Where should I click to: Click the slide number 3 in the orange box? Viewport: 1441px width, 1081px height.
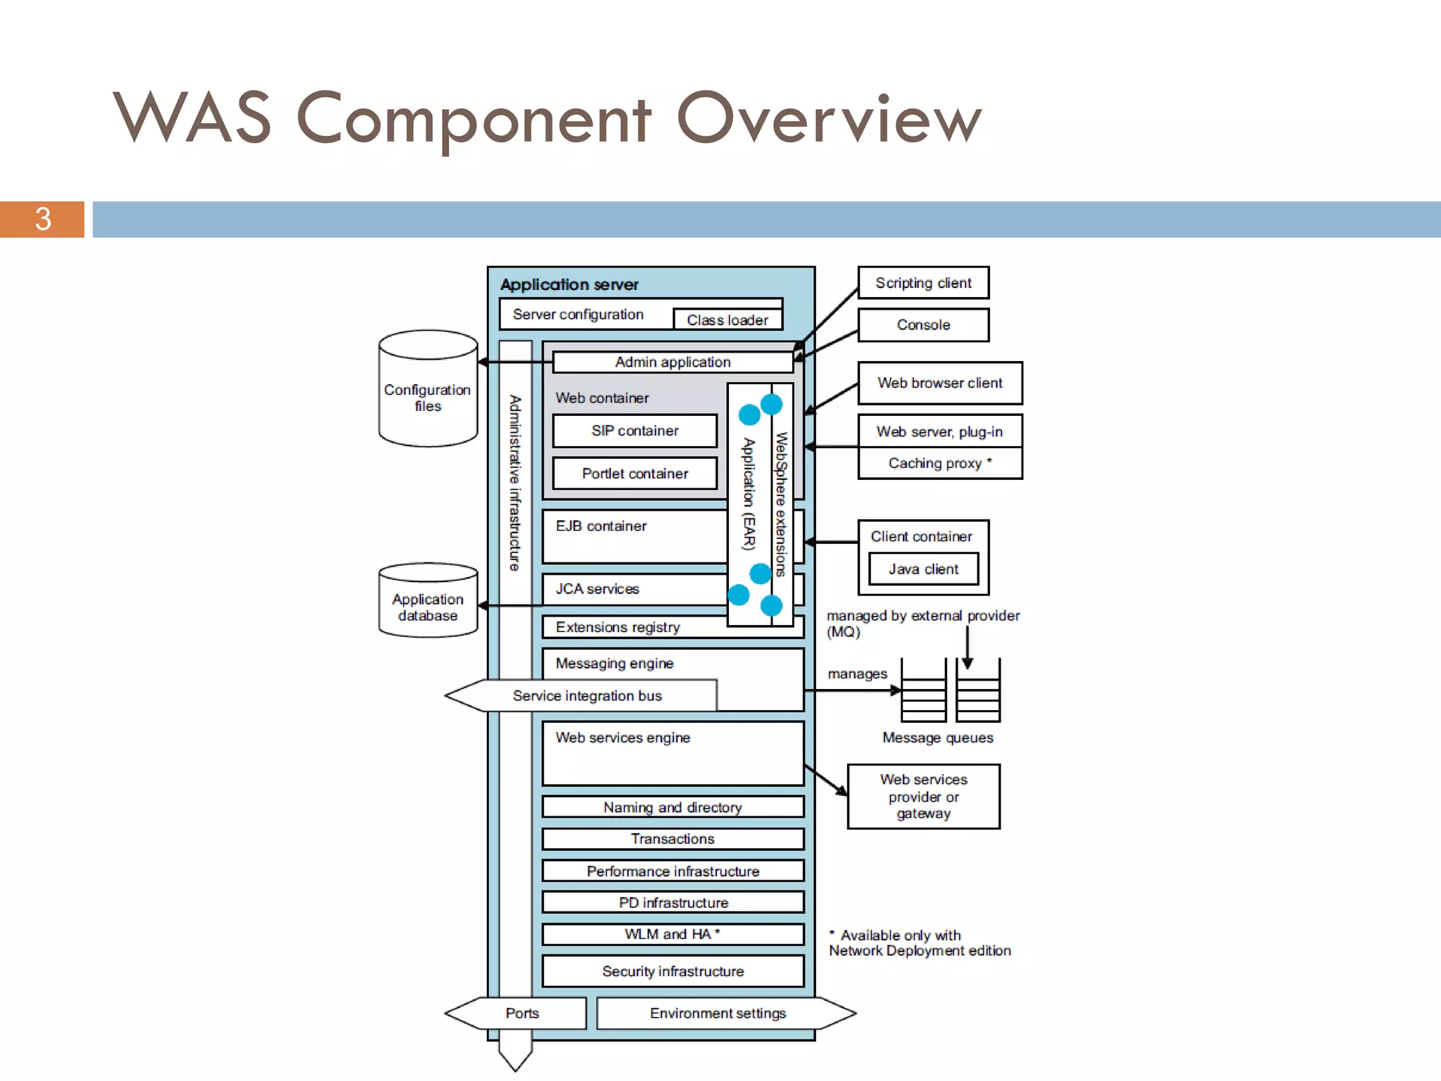click(x=42, y=219)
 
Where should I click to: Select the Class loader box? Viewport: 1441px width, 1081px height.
click(x=727, y=320)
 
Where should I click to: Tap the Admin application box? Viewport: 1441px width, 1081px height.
click(x=673, y=362)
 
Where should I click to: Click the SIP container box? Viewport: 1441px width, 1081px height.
click(x=635, y=431)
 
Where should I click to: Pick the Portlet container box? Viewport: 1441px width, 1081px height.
click(x=635, y=474)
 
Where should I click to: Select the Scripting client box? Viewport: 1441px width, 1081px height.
click(x=922, y=283)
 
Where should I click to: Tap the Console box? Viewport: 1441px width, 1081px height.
click(x=922, y=325)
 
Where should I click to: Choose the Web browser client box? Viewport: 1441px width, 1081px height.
click(x=939, y=383)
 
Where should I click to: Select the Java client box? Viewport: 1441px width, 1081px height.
click(x=922, y=569)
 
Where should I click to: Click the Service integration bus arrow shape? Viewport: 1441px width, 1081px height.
click(x=586, y=695)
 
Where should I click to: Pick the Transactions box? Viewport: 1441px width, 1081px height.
click(x=673, y=839)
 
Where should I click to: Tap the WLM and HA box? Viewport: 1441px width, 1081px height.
click(x=673, y=934)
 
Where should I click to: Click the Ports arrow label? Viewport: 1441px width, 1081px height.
click(x=521, y=1013)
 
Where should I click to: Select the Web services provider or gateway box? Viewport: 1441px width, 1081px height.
click(x=922, y=797)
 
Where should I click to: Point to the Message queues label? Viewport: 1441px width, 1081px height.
click(x=937, y=738)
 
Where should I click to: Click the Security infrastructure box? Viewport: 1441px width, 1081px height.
click(x=673, y=971)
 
